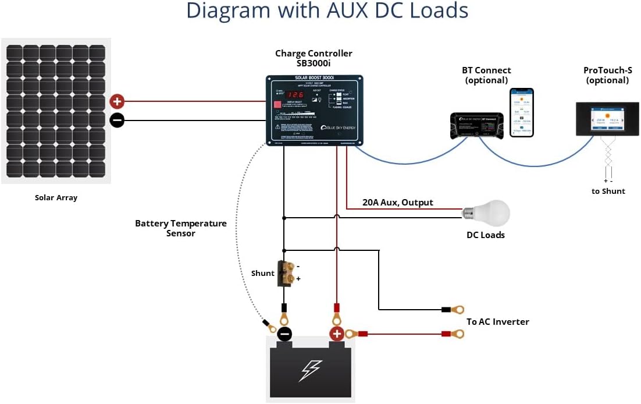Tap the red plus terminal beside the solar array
pyautogui.click(x=117, y=102)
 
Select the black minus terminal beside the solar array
pyautogui.click(x=117, y=121)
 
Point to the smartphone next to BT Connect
pyautogui.click(x=521, y=112)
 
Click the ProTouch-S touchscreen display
pyautogui.click(x=607, y=119)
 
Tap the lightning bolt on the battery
pyautogui.click(x=310, y=371)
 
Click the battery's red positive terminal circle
pyautogui.click(x=337, y=334)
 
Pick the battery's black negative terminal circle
pyautogui.click(x=284, y=334)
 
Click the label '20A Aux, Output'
pyautogui.click(x=397, y=203)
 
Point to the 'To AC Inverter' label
pyautogui.click(x=497, y=321)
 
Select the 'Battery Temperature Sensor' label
pyautogui.click(x=181, y=228)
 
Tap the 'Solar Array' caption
pyautogui.click(x=56, y=198)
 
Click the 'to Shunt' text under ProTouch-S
pyautogui.click(x=608, y=191)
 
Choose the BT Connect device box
pyautogui.click(x=477, y=126)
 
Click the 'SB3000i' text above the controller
pyautogui.click(x=314, y=63)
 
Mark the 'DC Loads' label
pyautogui.click(x=486, y=235)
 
